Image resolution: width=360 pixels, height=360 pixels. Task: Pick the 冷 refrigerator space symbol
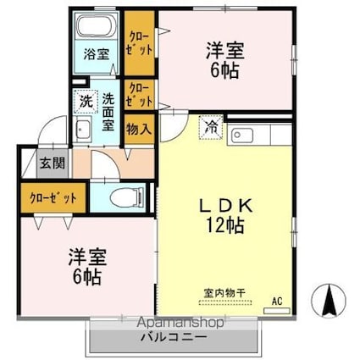(209, 128)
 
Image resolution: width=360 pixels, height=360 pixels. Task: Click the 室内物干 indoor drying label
(224, 294)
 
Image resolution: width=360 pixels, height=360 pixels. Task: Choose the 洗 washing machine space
(85, 101)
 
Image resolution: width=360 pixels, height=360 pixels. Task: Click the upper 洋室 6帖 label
(225, 60)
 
